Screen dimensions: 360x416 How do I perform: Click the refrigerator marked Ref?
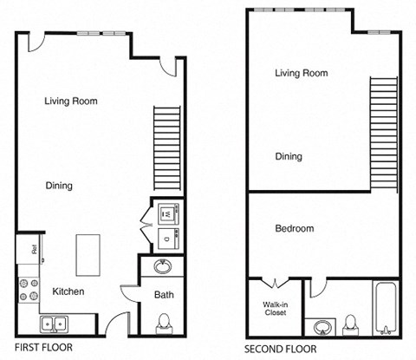click(x=29, y=248)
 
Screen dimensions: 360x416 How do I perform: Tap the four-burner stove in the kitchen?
click(x=26, y=288)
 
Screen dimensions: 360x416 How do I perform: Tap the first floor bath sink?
click(x=163, y=266)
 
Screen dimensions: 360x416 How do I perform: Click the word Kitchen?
click(x=68, y=291)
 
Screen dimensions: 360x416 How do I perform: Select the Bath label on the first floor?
click(x=164, y=295)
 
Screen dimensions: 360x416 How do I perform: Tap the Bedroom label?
click(x=294, y=229)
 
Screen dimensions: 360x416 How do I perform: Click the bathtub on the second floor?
click(x=385, y=310)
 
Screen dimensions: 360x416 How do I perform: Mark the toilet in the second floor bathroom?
click(x=350, y=324)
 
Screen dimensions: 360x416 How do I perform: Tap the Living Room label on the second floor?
click(x=301, y=74)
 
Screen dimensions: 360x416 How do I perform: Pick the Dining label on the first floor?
click(x=59, y=186)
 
